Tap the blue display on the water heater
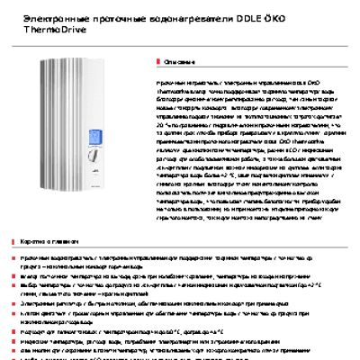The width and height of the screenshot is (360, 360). click(96, 138)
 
